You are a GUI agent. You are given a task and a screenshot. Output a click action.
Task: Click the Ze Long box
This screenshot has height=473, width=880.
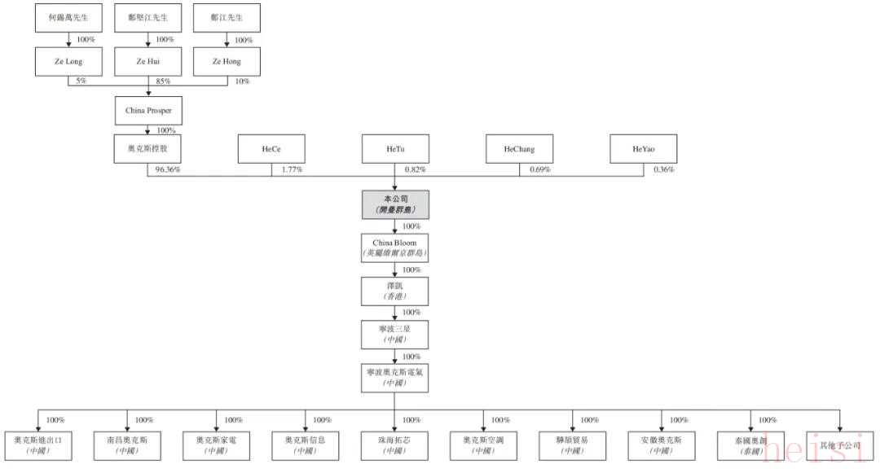pos(69,62)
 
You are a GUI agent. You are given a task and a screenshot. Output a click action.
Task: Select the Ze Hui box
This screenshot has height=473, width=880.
pos(148,62)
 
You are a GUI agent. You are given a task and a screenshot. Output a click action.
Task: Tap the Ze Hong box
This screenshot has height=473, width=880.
pos(227,62)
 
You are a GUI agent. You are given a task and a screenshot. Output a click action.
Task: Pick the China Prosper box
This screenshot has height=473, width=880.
pos(148,109)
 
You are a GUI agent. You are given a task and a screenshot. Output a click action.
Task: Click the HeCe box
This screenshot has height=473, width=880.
pos(271,150)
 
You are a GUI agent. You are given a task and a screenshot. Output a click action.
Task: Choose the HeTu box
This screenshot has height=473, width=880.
pos(395,150)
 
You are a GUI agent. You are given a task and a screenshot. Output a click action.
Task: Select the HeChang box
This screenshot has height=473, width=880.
pos(518,150)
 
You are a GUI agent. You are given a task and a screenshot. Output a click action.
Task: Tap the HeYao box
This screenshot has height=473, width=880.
pos(643,150)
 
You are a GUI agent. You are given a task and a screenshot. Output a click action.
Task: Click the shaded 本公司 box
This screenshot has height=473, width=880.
pos(395,205)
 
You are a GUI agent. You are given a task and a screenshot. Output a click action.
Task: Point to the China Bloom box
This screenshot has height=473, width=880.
pos(395,247)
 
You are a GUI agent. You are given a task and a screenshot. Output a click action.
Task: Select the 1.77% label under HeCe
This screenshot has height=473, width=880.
pos(291,170)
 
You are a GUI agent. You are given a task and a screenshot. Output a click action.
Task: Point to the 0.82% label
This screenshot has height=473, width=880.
pos(415,170)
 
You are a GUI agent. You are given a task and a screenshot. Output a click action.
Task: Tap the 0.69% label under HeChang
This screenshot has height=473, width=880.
pos(539,170)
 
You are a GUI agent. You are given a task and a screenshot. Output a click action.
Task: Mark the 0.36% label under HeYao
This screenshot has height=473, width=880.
pos(663,170)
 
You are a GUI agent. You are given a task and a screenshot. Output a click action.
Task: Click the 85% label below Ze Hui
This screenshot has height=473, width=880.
pos(161,81)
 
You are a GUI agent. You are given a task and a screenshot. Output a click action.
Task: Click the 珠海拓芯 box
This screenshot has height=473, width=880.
pos(395,445)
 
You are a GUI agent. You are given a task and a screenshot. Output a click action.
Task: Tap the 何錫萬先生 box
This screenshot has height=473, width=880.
pos(69,17)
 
